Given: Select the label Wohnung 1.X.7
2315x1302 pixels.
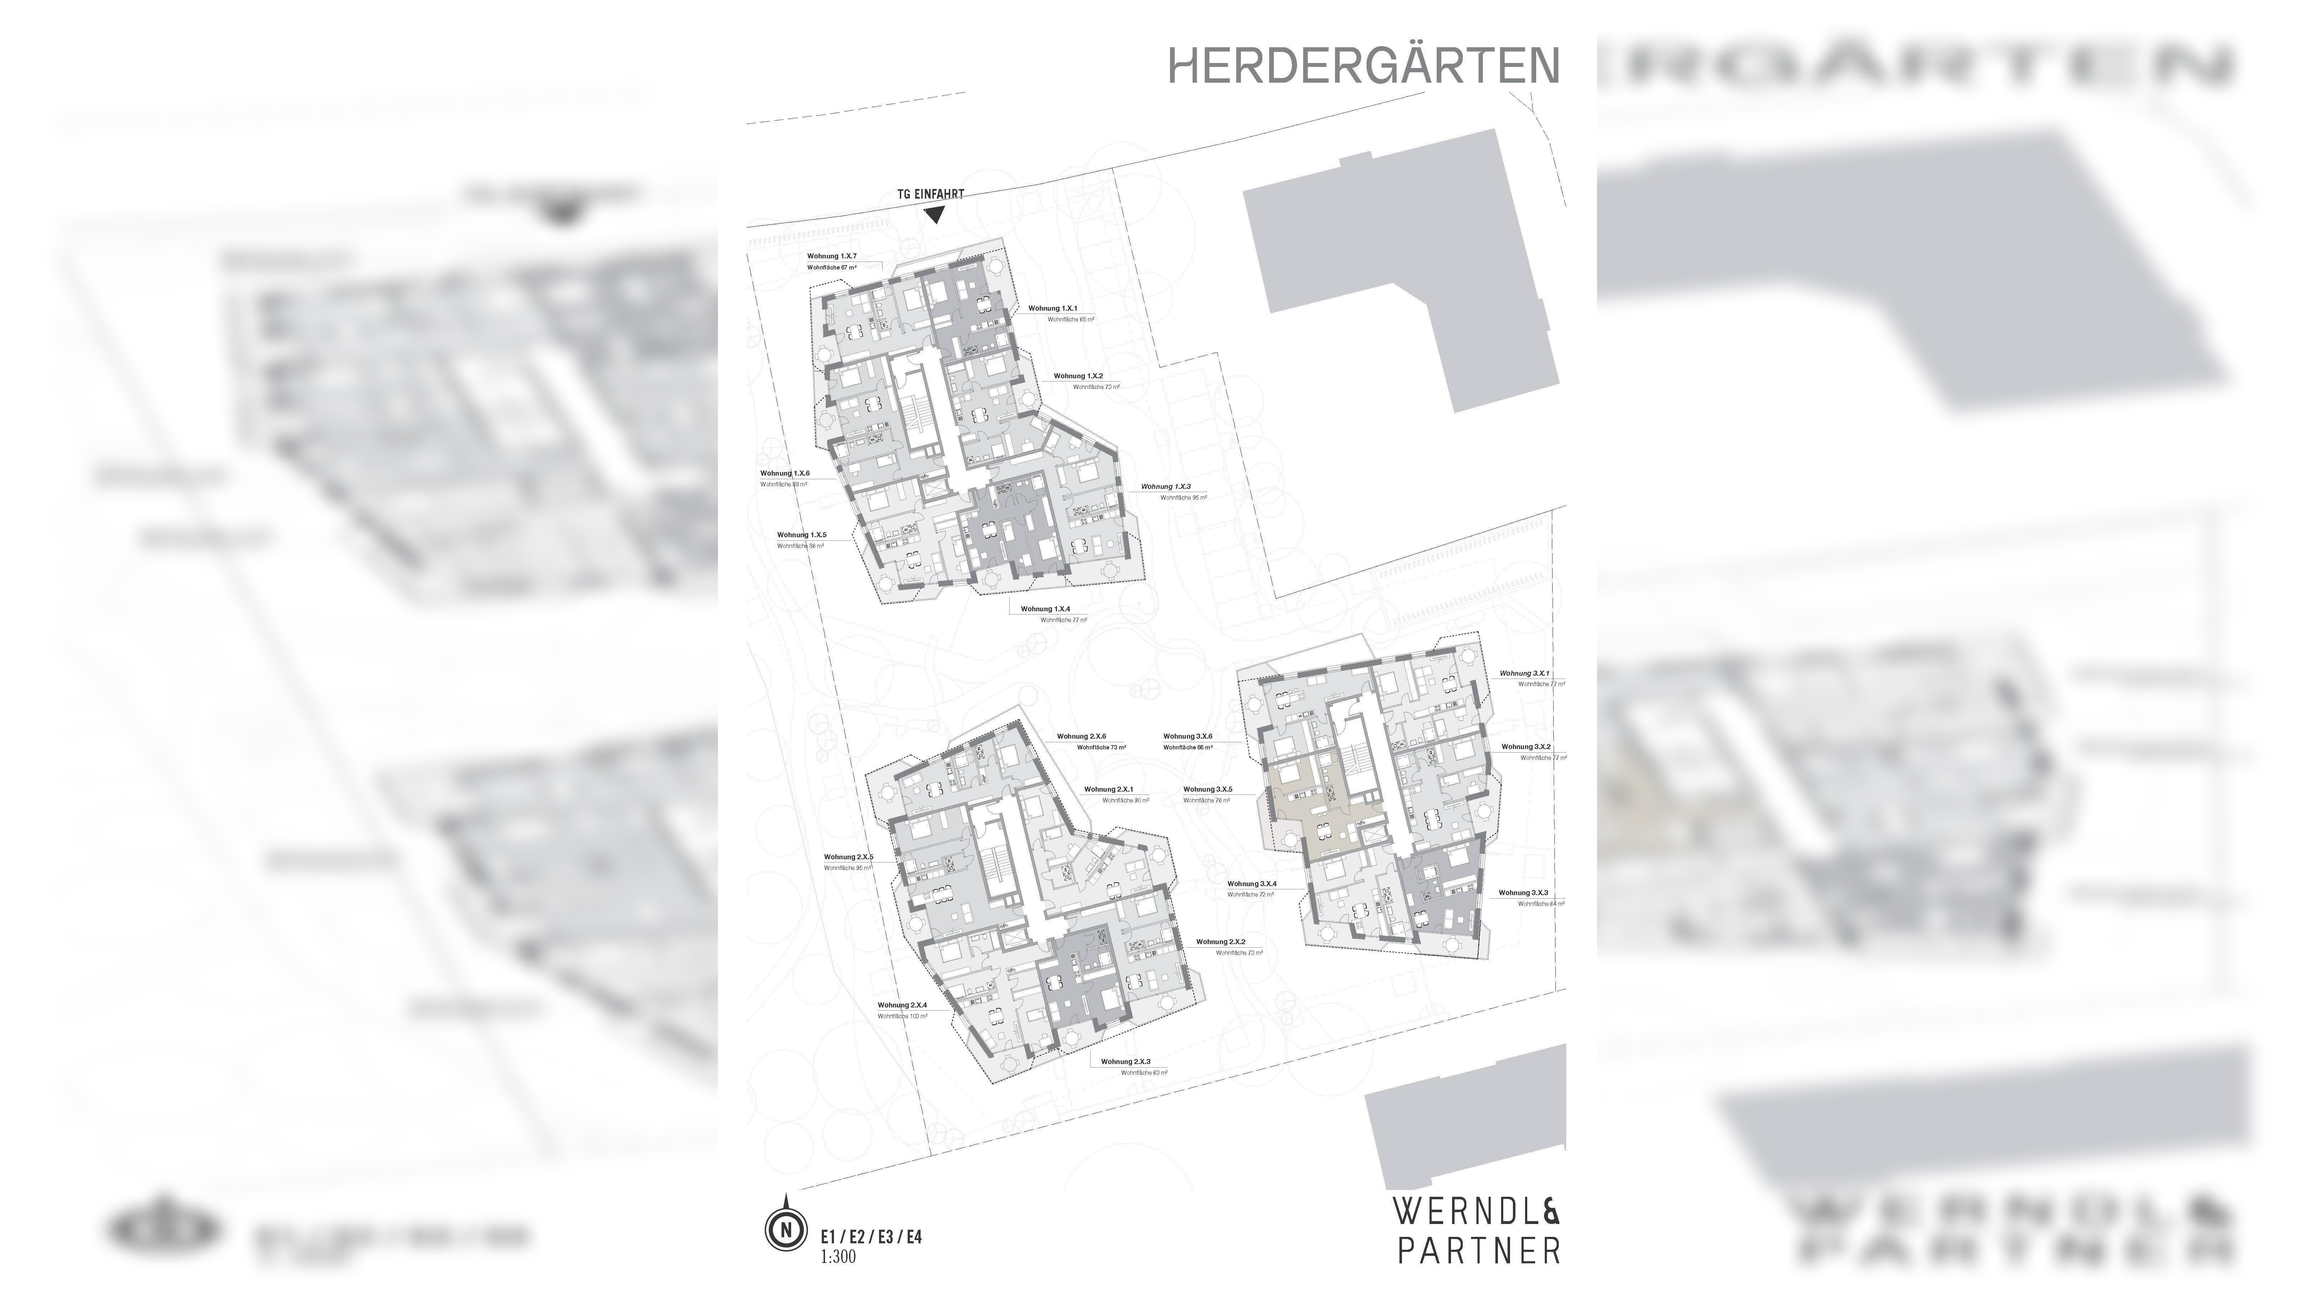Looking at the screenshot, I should click(x=831, y=256).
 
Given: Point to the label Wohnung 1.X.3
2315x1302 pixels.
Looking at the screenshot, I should click(x=1166, y=486).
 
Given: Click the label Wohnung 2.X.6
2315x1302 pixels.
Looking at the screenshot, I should click(x=1081, y=736).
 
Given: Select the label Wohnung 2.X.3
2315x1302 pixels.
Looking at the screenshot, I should click(x=1125, y=1061).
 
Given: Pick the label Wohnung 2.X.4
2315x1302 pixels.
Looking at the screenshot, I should click(x=902, y=1005).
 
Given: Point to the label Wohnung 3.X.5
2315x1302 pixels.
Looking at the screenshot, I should click(x=1207, y=789).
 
